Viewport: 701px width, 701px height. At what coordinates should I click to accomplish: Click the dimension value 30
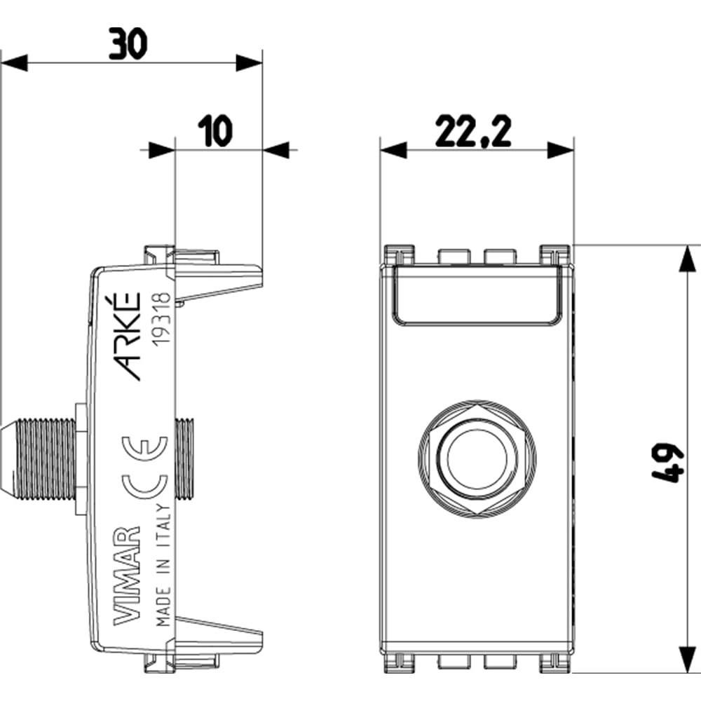128,43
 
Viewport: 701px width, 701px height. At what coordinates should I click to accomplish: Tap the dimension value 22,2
473,131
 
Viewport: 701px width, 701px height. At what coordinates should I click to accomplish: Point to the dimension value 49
668,463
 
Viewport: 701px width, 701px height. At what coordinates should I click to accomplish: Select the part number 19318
161,319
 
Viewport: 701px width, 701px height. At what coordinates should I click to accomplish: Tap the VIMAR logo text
128,576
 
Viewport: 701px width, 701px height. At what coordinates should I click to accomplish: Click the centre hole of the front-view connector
477,460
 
